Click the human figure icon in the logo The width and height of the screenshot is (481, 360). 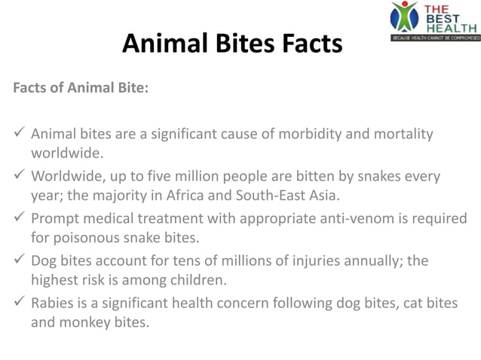[404, 17]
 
